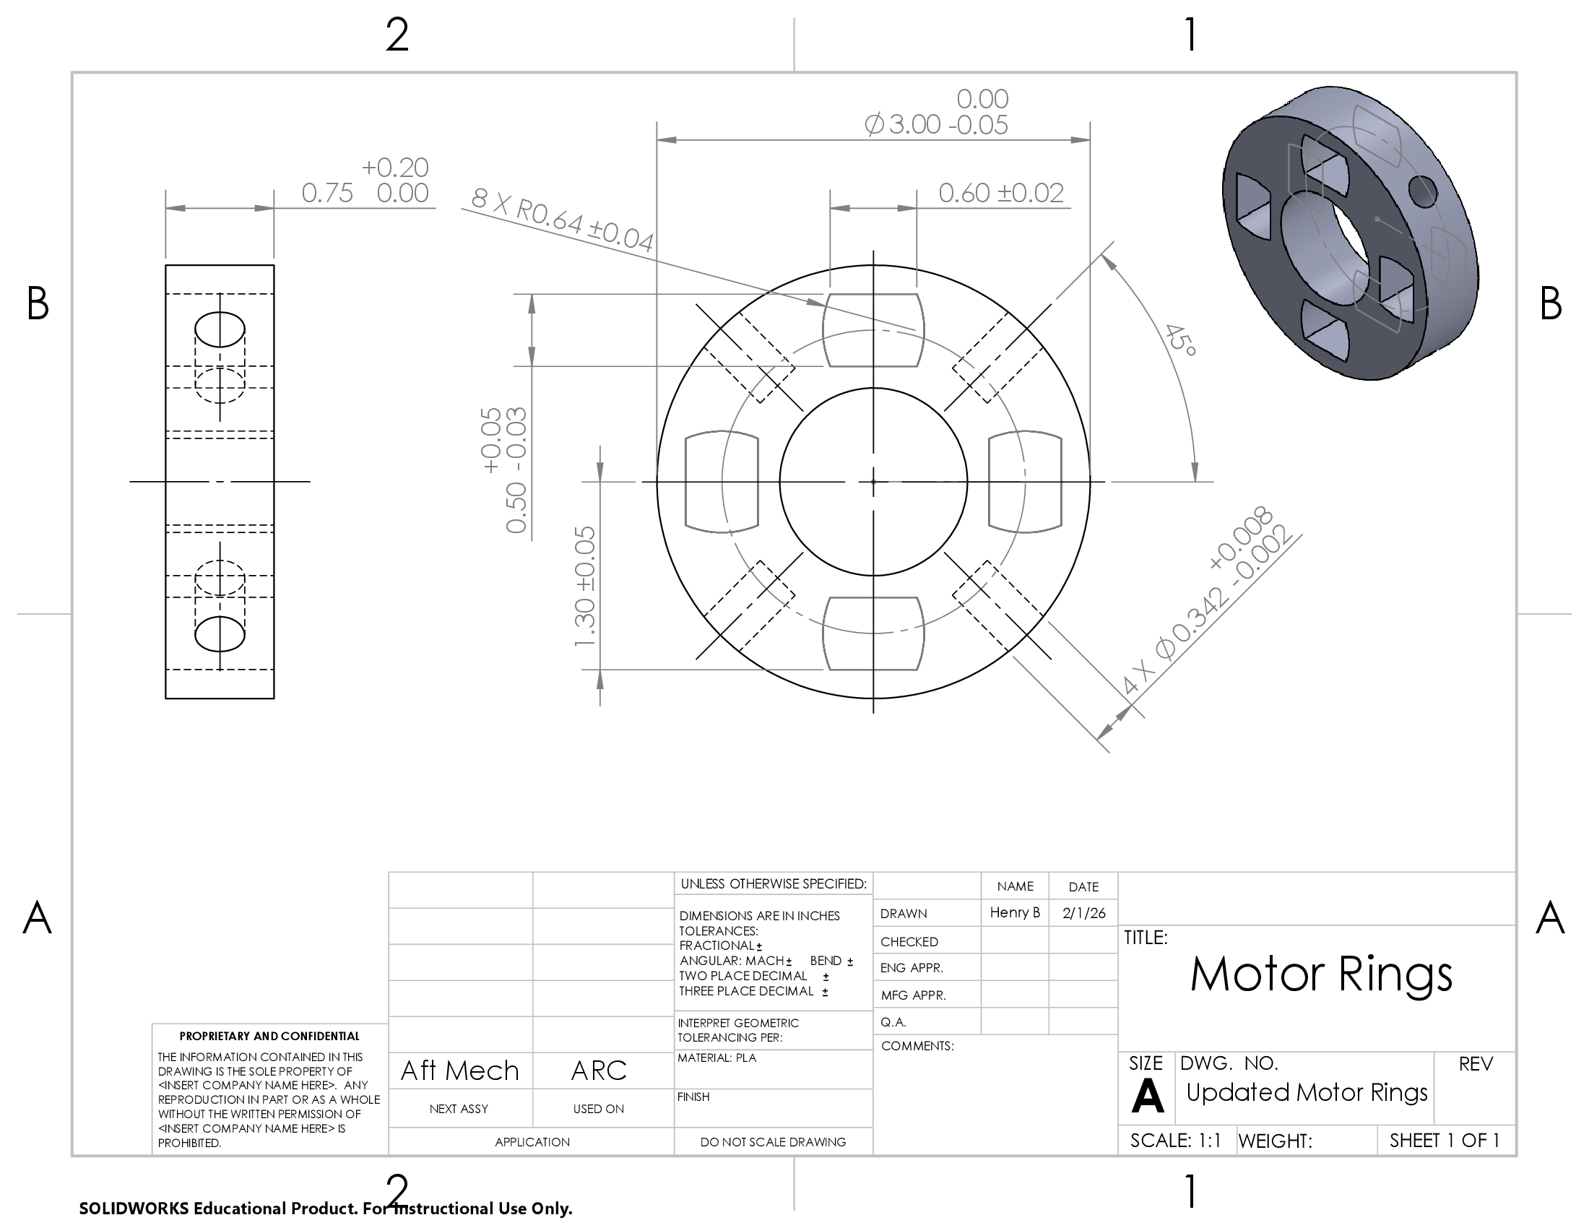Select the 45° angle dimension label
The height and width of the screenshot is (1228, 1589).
pyautogui.click(x=1179, y=340)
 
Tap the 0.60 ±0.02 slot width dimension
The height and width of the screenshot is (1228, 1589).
pyautogui.click(x=1000, y=194)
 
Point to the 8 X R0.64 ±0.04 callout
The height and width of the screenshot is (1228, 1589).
pyautogui.click(x=562, y=219)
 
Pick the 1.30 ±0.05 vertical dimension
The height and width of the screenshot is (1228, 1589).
pyautogui.click(x=585, y=587)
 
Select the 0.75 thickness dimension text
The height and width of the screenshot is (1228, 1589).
pyautogui.click(x=327, y=194)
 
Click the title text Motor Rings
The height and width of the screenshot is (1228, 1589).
pyautogui.click(x=1320, y=974)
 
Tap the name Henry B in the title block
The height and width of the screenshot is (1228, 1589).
pyautogui.click(x=1014, y=912)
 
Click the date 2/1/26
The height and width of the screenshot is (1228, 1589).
pyautogui.click(x=1083, y=913)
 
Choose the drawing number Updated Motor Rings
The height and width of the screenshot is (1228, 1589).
pyautogui.click(x=1307, y=1092)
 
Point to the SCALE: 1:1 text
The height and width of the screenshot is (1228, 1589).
pyautogui.click(x=1175, y=1140)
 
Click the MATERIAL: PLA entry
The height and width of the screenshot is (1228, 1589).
pyautogui.click(x=716, y=1058)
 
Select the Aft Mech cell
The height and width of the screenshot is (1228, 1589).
pyautogui.click(x=460, y=1070)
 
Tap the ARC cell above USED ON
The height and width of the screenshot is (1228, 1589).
pyautogui.click(x=599, y=1070)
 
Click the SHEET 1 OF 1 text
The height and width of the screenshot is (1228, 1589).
pyautogui.click(x=1445, y=1140)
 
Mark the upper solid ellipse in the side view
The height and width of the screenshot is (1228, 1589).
pyautogui.click(x=220, y=329)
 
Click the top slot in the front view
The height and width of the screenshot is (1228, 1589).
pyautogui.click(x=873, y=331)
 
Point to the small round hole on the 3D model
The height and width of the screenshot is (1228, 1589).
pyautogui.click(x=1423, y=192)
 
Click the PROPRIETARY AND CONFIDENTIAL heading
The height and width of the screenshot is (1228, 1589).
pyautogui.click(x=269, y=1036)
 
